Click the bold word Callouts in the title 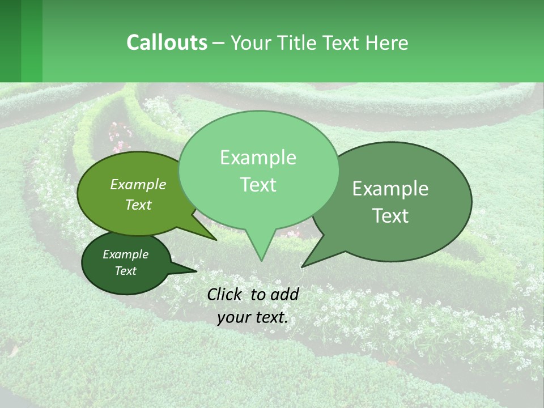[x=167, y=42]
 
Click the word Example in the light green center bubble [x=258, y=158]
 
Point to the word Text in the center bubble [x=258, y=185]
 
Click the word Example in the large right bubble [x=390, y=189]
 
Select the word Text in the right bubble [x=390, y=216]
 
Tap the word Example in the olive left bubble [x=138, y=184]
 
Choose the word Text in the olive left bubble [x=138, y=205]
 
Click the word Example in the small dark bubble [x=125, y=254]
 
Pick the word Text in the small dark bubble [x=125, y=271]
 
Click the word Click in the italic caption [x=226, y=294]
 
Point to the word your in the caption [x=234, y=317]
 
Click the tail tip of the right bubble [x=303, y=266]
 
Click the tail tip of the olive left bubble [x=216, y=240]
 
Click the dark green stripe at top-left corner [x=10, y=41]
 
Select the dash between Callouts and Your [x=219, y=43]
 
